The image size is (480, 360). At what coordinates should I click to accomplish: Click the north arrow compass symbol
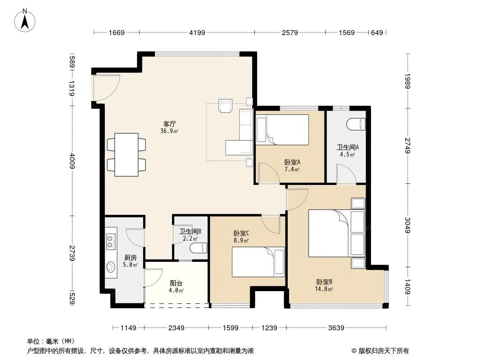pos(25,21)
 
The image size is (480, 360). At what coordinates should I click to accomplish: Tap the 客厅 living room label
pos(169,124)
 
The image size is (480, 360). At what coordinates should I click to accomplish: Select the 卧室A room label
pos(292,162)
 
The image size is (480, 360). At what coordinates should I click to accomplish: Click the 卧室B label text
pos(324,282)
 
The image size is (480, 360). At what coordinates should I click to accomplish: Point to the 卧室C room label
pos(241,234)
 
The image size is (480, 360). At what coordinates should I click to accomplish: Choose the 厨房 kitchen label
pos(131,257)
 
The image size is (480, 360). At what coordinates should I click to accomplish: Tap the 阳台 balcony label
pos(176,283)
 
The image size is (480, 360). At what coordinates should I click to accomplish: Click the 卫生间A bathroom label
pos(348,147)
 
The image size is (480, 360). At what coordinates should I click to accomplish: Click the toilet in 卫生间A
pos(356,125)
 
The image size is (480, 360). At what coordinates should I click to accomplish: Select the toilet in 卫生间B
pos(199,248)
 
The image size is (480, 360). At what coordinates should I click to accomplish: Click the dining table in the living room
pos(127,155)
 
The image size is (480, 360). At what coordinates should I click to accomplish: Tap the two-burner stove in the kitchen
pos(111,241)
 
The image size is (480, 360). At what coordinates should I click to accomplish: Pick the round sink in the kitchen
pos(110,267)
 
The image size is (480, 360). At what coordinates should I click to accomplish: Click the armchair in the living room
pos(225,105)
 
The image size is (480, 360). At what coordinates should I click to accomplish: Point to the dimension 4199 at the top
pos(197,32)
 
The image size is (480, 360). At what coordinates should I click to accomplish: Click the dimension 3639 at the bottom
pos(336,328)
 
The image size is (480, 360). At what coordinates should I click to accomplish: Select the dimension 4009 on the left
pos(72,161)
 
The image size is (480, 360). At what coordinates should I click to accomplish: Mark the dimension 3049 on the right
pos(408,225)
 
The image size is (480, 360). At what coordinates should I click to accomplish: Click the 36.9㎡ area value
pos(169,131)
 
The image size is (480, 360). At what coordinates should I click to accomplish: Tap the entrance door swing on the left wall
pos(107,88)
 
